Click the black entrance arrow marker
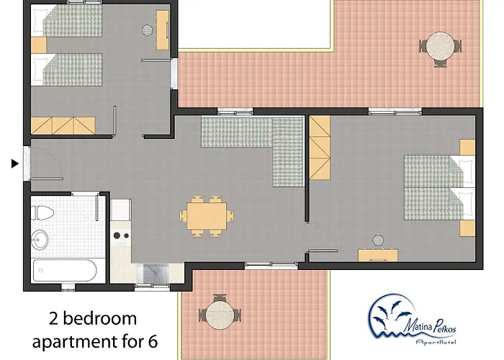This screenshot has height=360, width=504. coord(15,163)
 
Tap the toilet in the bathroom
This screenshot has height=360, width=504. coord(42,213)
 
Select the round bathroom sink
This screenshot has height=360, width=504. coord(40,240)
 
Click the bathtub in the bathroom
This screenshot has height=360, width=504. coord(65,271)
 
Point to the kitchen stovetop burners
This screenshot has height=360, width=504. coord(121,235)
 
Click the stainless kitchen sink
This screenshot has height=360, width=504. coord(153,273)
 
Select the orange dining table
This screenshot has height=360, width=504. coord(207,215)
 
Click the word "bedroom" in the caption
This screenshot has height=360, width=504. coord(99,318)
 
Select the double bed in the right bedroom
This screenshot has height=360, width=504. coord(439,188)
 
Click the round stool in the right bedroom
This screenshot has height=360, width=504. coord(378,240)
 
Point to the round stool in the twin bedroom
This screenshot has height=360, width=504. coord(148,30)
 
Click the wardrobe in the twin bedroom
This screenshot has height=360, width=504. coord(63,126)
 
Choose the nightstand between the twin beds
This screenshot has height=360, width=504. coord(39,45)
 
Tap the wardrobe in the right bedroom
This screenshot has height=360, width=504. coord(320,148)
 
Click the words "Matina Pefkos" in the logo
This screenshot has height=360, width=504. coord(430,326)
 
